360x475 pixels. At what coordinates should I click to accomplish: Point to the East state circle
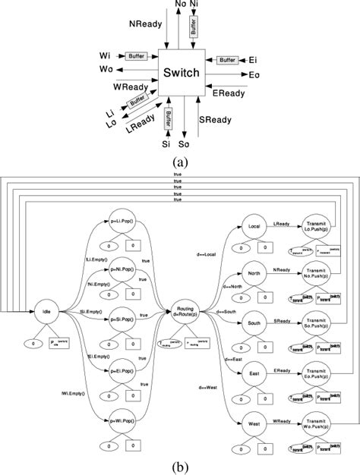coord(254,373)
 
